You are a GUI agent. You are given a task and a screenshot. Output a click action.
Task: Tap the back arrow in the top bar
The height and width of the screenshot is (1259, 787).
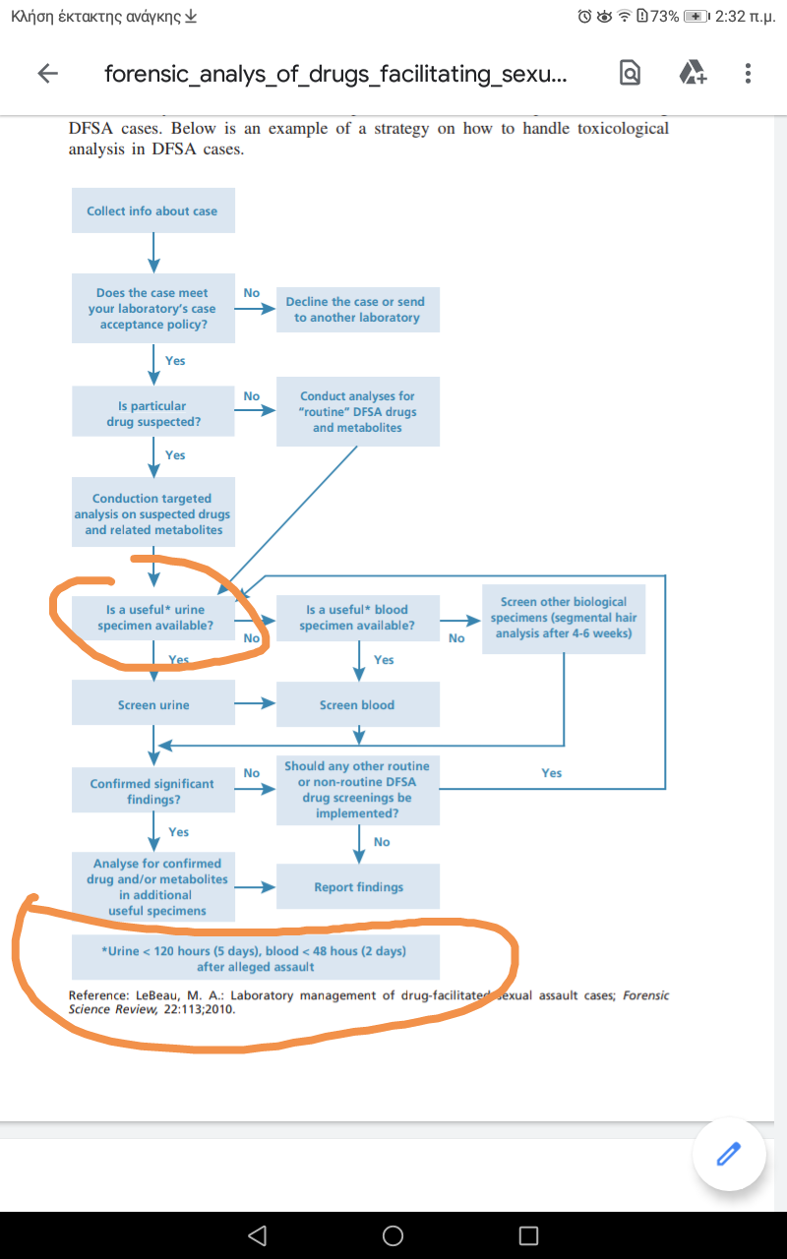[47, 74]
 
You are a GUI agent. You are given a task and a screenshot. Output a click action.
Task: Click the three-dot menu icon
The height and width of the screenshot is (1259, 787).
[748, 74]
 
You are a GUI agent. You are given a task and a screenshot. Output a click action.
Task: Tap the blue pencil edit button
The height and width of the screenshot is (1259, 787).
[728, 1154]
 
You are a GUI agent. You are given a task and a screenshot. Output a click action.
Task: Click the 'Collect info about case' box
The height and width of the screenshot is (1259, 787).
[152, 210]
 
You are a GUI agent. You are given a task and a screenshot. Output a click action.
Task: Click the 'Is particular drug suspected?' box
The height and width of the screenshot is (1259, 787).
[152, 413]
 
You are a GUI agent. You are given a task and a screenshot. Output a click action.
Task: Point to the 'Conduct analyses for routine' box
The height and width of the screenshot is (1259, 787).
[357, 412]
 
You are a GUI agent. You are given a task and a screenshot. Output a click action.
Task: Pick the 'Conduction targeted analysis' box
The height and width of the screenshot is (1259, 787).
[152, 514]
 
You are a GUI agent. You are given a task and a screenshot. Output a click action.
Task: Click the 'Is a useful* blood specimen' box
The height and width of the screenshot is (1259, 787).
[357, 618]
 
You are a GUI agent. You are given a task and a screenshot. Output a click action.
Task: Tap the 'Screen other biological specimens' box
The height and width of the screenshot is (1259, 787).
[564, 618]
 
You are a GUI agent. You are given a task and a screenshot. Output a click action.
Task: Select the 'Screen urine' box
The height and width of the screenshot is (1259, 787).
[152, 705]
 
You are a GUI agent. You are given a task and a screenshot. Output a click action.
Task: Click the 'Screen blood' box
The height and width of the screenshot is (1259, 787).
[357, 705]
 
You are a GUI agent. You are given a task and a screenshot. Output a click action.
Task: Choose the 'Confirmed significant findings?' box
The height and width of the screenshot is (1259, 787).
[152, 791]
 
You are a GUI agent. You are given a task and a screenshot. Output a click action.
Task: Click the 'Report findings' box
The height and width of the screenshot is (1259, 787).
[358, 887]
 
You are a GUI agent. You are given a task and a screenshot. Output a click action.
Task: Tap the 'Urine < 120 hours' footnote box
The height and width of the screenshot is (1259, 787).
[255, 958]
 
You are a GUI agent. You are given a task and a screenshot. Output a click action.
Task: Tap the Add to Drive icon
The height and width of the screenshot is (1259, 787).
[693, 74]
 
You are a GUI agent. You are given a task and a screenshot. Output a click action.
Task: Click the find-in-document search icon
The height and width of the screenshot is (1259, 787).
[631, 74]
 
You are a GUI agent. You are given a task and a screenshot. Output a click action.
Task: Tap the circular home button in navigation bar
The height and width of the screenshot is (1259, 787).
[393, 1235]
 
